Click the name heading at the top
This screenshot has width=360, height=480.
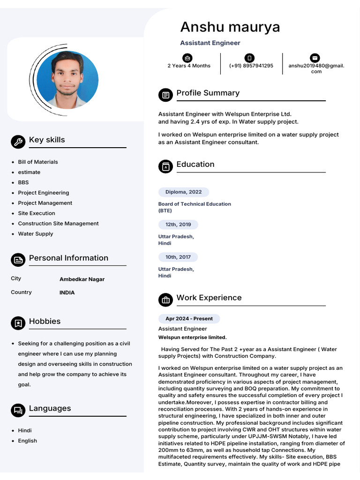tap(230, 27)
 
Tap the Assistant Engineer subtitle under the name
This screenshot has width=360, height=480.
tap(210, 43)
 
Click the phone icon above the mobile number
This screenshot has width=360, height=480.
tap(250, 58)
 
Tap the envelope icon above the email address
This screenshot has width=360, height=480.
tap(315, 58)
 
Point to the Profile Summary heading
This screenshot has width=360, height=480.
tap(208, 93)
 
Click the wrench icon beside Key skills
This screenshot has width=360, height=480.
tap(18, 142)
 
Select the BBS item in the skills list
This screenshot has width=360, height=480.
tap(23, 182)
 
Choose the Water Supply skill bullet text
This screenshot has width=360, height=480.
tap(36, 234)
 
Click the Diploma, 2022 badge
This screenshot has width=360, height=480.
tap(183, 192)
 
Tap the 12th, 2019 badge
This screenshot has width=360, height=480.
tap(178, 225)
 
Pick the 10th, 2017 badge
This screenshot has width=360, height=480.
tap(178, 257)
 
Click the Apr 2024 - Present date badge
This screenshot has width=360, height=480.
tap(189, 319)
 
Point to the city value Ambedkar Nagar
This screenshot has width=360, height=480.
tap(82, 279)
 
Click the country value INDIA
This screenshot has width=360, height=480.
tap(67, 292)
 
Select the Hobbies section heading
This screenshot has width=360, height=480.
tap(45, 322)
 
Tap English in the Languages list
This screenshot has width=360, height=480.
tap(28, 441)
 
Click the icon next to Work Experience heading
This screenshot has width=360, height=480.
tap(165, 299)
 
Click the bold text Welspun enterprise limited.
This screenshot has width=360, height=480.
tap(192, 337)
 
